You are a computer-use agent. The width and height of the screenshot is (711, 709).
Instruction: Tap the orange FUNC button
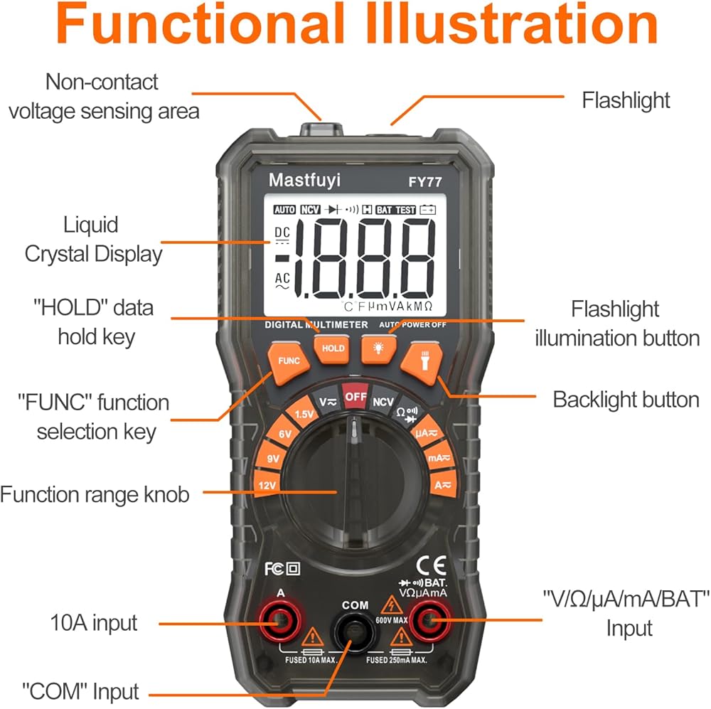pyautogui.click(x=289, y=361)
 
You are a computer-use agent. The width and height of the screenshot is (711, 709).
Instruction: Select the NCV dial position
pyautogui.click(x=384, y=401)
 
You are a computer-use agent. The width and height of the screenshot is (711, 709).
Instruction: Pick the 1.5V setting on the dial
pyautogui.click(x=304, y=415)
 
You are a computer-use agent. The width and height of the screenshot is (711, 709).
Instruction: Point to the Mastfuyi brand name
pyautogui.click(x=304, y=181)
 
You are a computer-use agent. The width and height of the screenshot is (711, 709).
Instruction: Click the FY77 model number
pyautogui.click(x=424, y=182)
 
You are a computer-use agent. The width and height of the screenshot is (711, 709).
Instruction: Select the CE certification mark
pyautogui.click(x=431, y=567)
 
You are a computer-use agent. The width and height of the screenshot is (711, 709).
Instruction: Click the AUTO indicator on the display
pyautogui.click(x=284, y=210)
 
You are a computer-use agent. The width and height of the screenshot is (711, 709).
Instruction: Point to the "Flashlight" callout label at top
pyautogui.click(x=626, y=100)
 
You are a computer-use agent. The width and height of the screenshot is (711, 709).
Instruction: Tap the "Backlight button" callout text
pyautogui.click(x=626, y=399)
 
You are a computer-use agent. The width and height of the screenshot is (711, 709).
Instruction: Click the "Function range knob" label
pyautogui.click(x=95, y=494)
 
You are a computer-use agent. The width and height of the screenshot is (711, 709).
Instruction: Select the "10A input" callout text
pyautogui.click(x=93, y=624)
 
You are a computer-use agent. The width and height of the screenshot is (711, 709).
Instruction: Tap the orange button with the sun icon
pyautogui.click(x=376, y=348)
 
